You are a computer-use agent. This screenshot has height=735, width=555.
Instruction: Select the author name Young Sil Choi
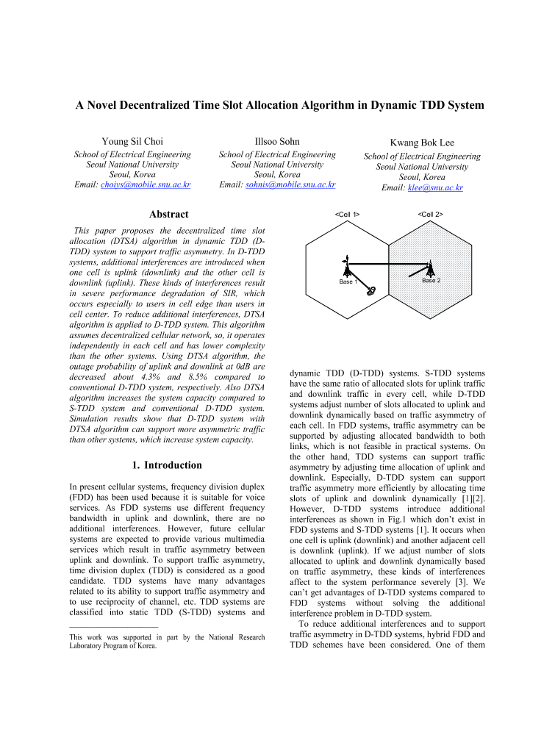(x=132, y=141)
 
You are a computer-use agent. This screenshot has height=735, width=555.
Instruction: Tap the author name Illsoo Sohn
(x=277, y=141)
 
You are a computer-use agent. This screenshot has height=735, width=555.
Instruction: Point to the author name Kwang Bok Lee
(x=422, y=143)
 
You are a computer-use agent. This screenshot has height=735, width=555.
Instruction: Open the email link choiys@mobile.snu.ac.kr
(x=144, y=184)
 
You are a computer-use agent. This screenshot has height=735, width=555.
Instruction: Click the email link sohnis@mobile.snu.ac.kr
(x=289, y=184)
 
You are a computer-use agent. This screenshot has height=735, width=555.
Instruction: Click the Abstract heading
(x=168, y=215)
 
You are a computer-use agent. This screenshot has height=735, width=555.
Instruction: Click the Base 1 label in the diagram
(x=348, y=282)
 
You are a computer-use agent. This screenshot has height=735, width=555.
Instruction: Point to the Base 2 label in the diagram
(x=431, y=281)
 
